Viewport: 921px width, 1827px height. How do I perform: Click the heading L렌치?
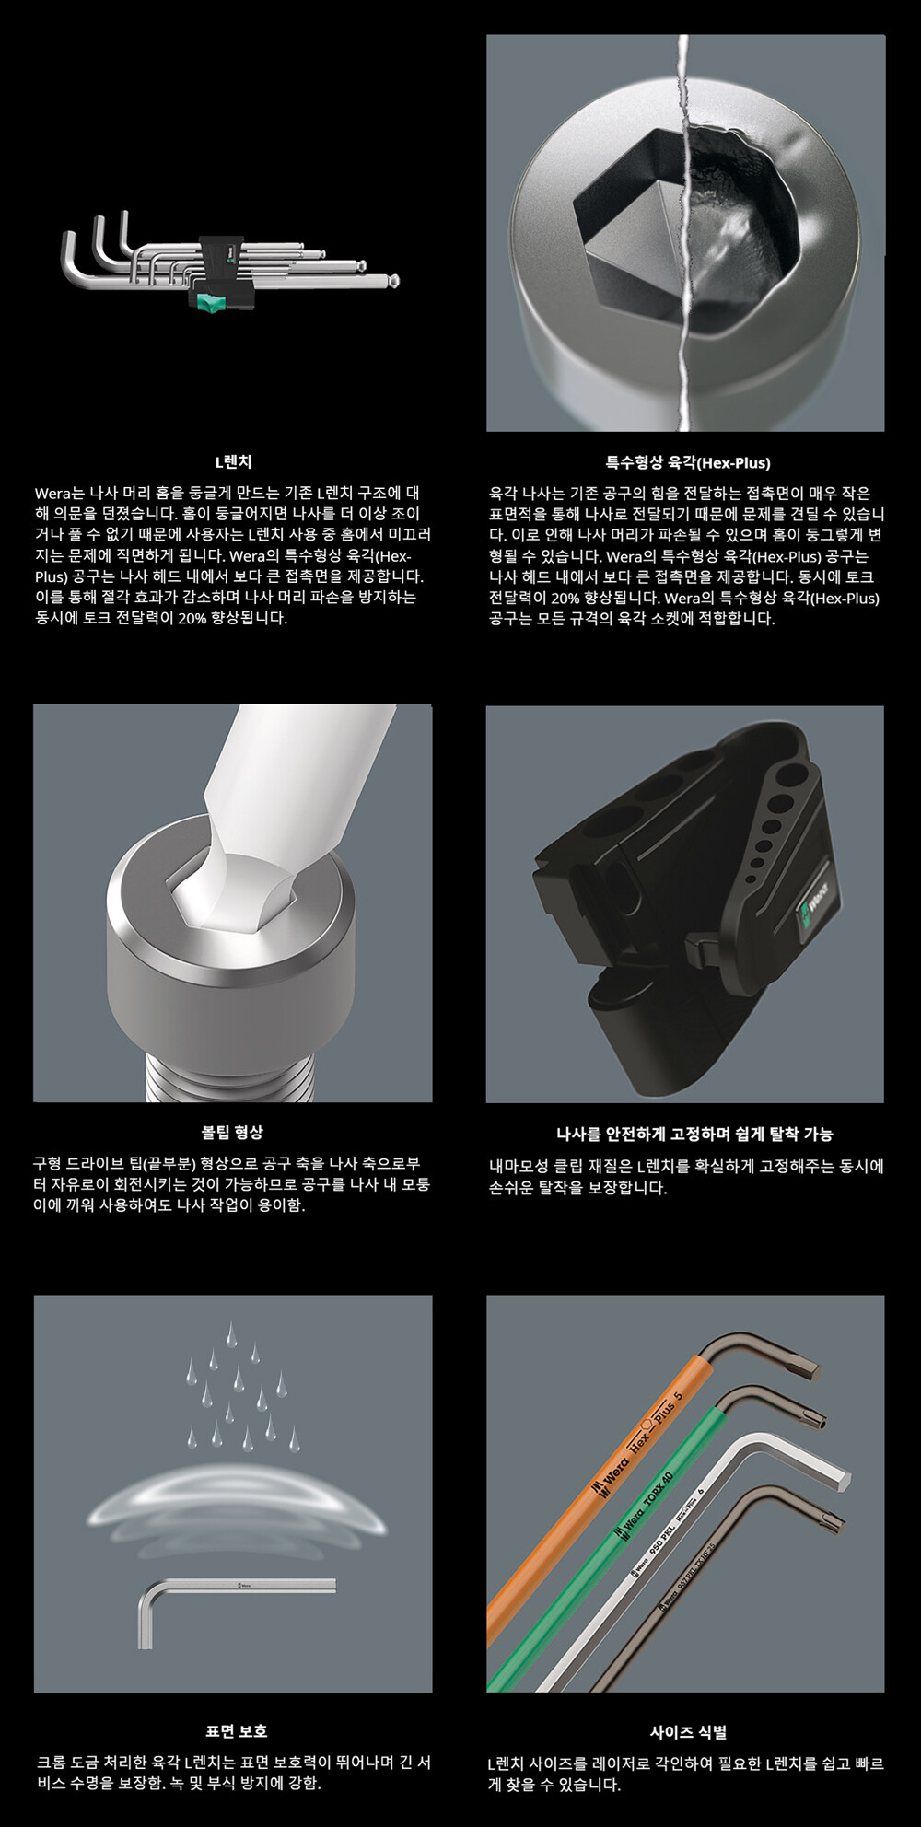coord(232,462)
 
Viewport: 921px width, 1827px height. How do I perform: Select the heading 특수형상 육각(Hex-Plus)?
coord(686,462)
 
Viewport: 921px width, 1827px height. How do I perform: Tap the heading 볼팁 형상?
coord(232,1132)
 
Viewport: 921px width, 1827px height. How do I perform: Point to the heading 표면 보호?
coord(235,1731)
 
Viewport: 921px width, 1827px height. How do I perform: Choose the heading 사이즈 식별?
coord(687,1731)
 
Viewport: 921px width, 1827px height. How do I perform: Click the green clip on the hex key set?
coord(211,299)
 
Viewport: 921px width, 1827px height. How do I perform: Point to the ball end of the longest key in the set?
coord(393,281)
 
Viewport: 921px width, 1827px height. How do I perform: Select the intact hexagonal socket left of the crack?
coord(631,226)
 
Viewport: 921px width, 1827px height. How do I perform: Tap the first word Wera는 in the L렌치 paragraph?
coord(59,493)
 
